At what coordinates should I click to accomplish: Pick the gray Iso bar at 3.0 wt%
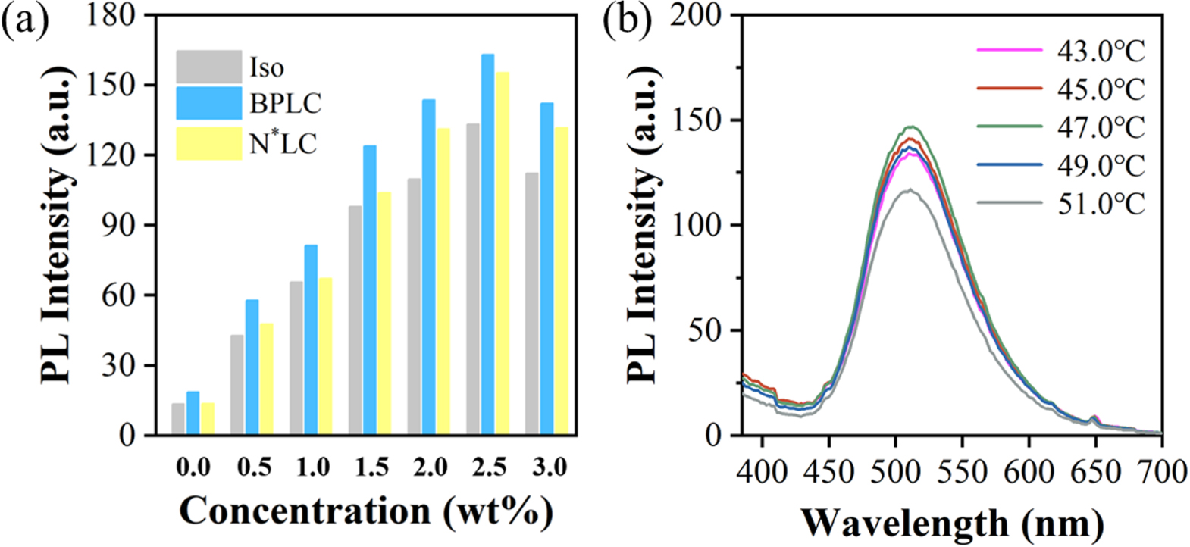pyautogui.click(x=532, y=303)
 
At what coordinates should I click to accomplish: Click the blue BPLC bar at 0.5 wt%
pyautogui.click(x=252, y=367)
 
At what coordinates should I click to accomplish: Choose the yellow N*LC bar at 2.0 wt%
pyautogui.click(x=443, y=281)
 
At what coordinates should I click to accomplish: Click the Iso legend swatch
pyautogui.click(x=208, y=67)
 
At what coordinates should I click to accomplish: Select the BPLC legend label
pyautogui.click(x=286, y=104)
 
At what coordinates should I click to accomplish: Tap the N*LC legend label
pyautogui.click(x=283, y=142)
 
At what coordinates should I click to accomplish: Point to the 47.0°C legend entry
pyautogui.click(x=1061, y=127)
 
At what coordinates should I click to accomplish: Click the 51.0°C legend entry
pyautogui.click(x=1061, y=204)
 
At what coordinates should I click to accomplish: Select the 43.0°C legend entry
pyautogui.click(x=1061, y=52)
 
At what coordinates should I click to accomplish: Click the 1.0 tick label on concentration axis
pyautogui.click(x=312, y=467)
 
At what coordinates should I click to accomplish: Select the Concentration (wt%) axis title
pyautogui.click(x=365, y=512)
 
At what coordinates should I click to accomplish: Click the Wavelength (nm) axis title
pyautogui.click(x=952, y=523)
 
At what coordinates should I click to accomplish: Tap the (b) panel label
pyautogui.click(x=626, y=20)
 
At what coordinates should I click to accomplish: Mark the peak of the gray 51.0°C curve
pyautogui.click(x=909, y=190)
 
